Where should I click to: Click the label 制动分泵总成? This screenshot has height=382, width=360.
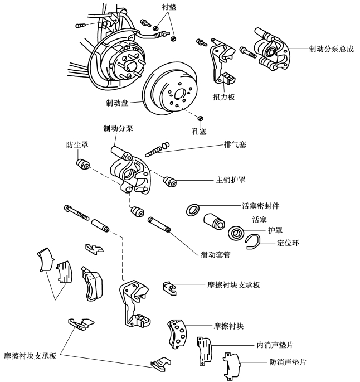pyautogui.click(x=331, y=49)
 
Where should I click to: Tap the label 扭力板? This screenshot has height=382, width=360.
pyautogui.click(x=223, y=97)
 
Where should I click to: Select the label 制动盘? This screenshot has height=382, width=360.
pyautogui.click(x=117, y=103)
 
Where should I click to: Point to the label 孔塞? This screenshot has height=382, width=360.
pyautogui.click(x=199, y=132)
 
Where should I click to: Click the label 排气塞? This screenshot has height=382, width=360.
pyautogui.click(x=235, y=144)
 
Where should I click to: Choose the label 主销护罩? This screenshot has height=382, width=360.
pyautogui.click(x=231, y=180)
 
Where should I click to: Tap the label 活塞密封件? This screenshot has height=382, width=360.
pyautogui.click(x=260, y=206)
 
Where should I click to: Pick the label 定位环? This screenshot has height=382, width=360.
pyautogui.click(x=288, y=243)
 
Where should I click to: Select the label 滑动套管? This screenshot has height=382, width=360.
pyautogui.click(x=216, y=255)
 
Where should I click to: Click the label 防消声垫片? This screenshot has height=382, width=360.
pyautogui.click(x=288, y=362)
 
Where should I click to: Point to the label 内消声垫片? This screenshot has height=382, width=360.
pyautogui.click(x=275, y=345)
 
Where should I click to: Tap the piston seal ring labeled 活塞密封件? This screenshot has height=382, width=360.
pyautogui.click(x=193, y=210)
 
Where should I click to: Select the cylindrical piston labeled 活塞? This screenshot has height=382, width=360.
pyautogui.click(x=214, y=221)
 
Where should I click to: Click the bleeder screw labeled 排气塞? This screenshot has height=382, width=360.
pyautogui.click(x=157, y=149)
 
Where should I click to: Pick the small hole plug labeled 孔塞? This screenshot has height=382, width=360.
pyautogui.click(x=201, y=118)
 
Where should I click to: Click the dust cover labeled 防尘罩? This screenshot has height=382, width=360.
pyautogui.click(x=83, y=164)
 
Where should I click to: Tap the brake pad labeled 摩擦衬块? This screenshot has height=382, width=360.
pyautogui.click(x=177, y=334)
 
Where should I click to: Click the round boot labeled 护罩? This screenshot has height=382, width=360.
pyautogui.click(x=236, y=233)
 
